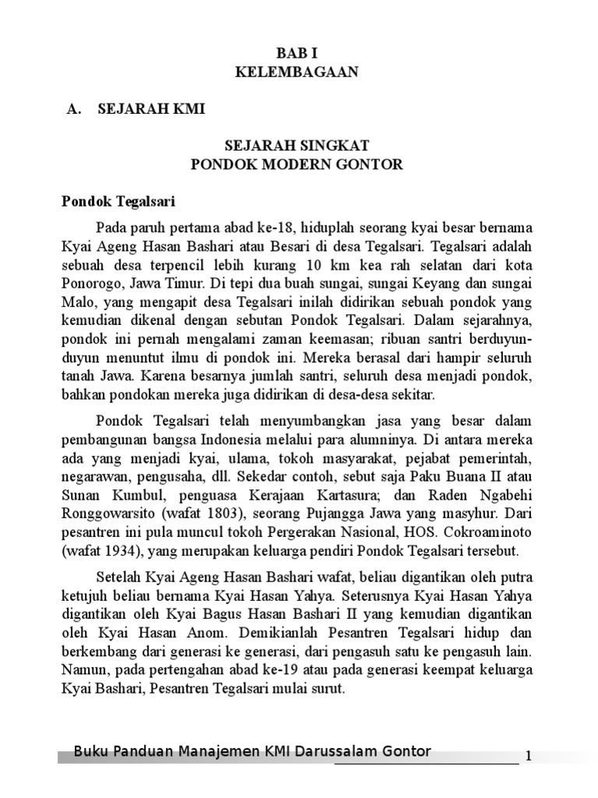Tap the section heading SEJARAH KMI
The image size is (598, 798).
point(151,110)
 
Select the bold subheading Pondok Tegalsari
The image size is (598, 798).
point(119,202)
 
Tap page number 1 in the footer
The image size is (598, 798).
point(529,756)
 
